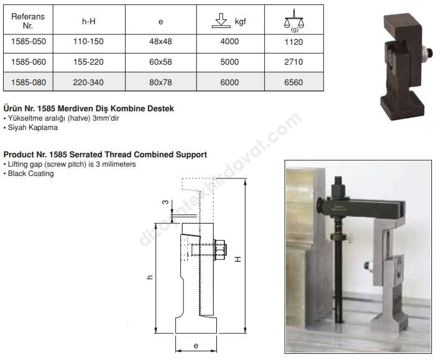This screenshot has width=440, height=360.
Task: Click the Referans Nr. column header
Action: (28, 21)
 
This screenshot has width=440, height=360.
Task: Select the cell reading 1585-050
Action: (29, 42)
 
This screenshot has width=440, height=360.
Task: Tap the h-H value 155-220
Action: (88, 62)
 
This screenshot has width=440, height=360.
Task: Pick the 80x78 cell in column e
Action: (160, 83)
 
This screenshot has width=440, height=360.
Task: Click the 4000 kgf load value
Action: (229, 42)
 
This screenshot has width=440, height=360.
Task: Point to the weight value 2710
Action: (293, 62)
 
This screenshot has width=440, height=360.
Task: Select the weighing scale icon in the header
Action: (294, 21)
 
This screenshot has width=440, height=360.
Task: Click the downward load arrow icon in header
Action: (221, 21)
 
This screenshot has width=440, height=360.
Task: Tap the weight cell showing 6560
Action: (293, 83)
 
